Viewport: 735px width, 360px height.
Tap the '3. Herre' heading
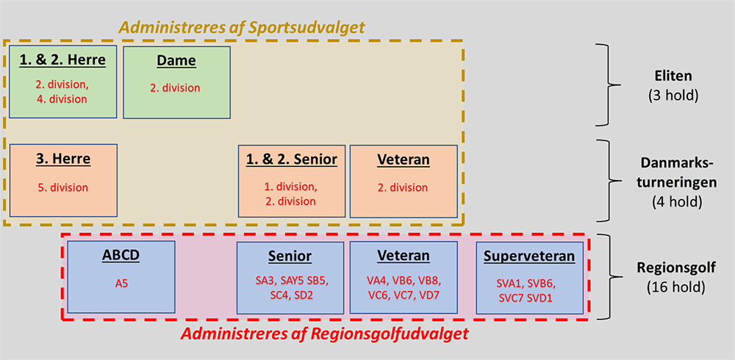click(63, 159)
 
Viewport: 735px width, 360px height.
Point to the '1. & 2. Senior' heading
click(292, 160)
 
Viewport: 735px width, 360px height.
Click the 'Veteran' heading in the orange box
click(404, 160)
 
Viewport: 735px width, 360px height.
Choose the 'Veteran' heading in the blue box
click(404, 256)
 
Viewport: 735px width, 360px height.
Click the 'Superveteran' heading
click(530, 256)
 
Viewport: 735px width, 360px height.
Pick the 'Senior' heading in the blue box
click(290, 256)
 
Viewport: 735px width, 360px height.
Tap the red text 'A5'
click(121, 283)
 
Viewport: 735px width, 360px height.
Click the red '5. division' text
click(62, 188)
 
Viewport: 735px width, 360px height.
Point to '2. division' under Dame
click(176, 87)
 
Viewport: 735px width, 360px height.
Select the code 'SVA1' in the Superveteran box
click(508, 284)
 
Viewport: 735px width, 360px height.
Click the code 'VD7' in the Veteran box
click(429, 296)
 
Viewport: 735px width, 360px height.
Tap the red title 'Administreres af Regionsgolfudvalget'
click(325, 334)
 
